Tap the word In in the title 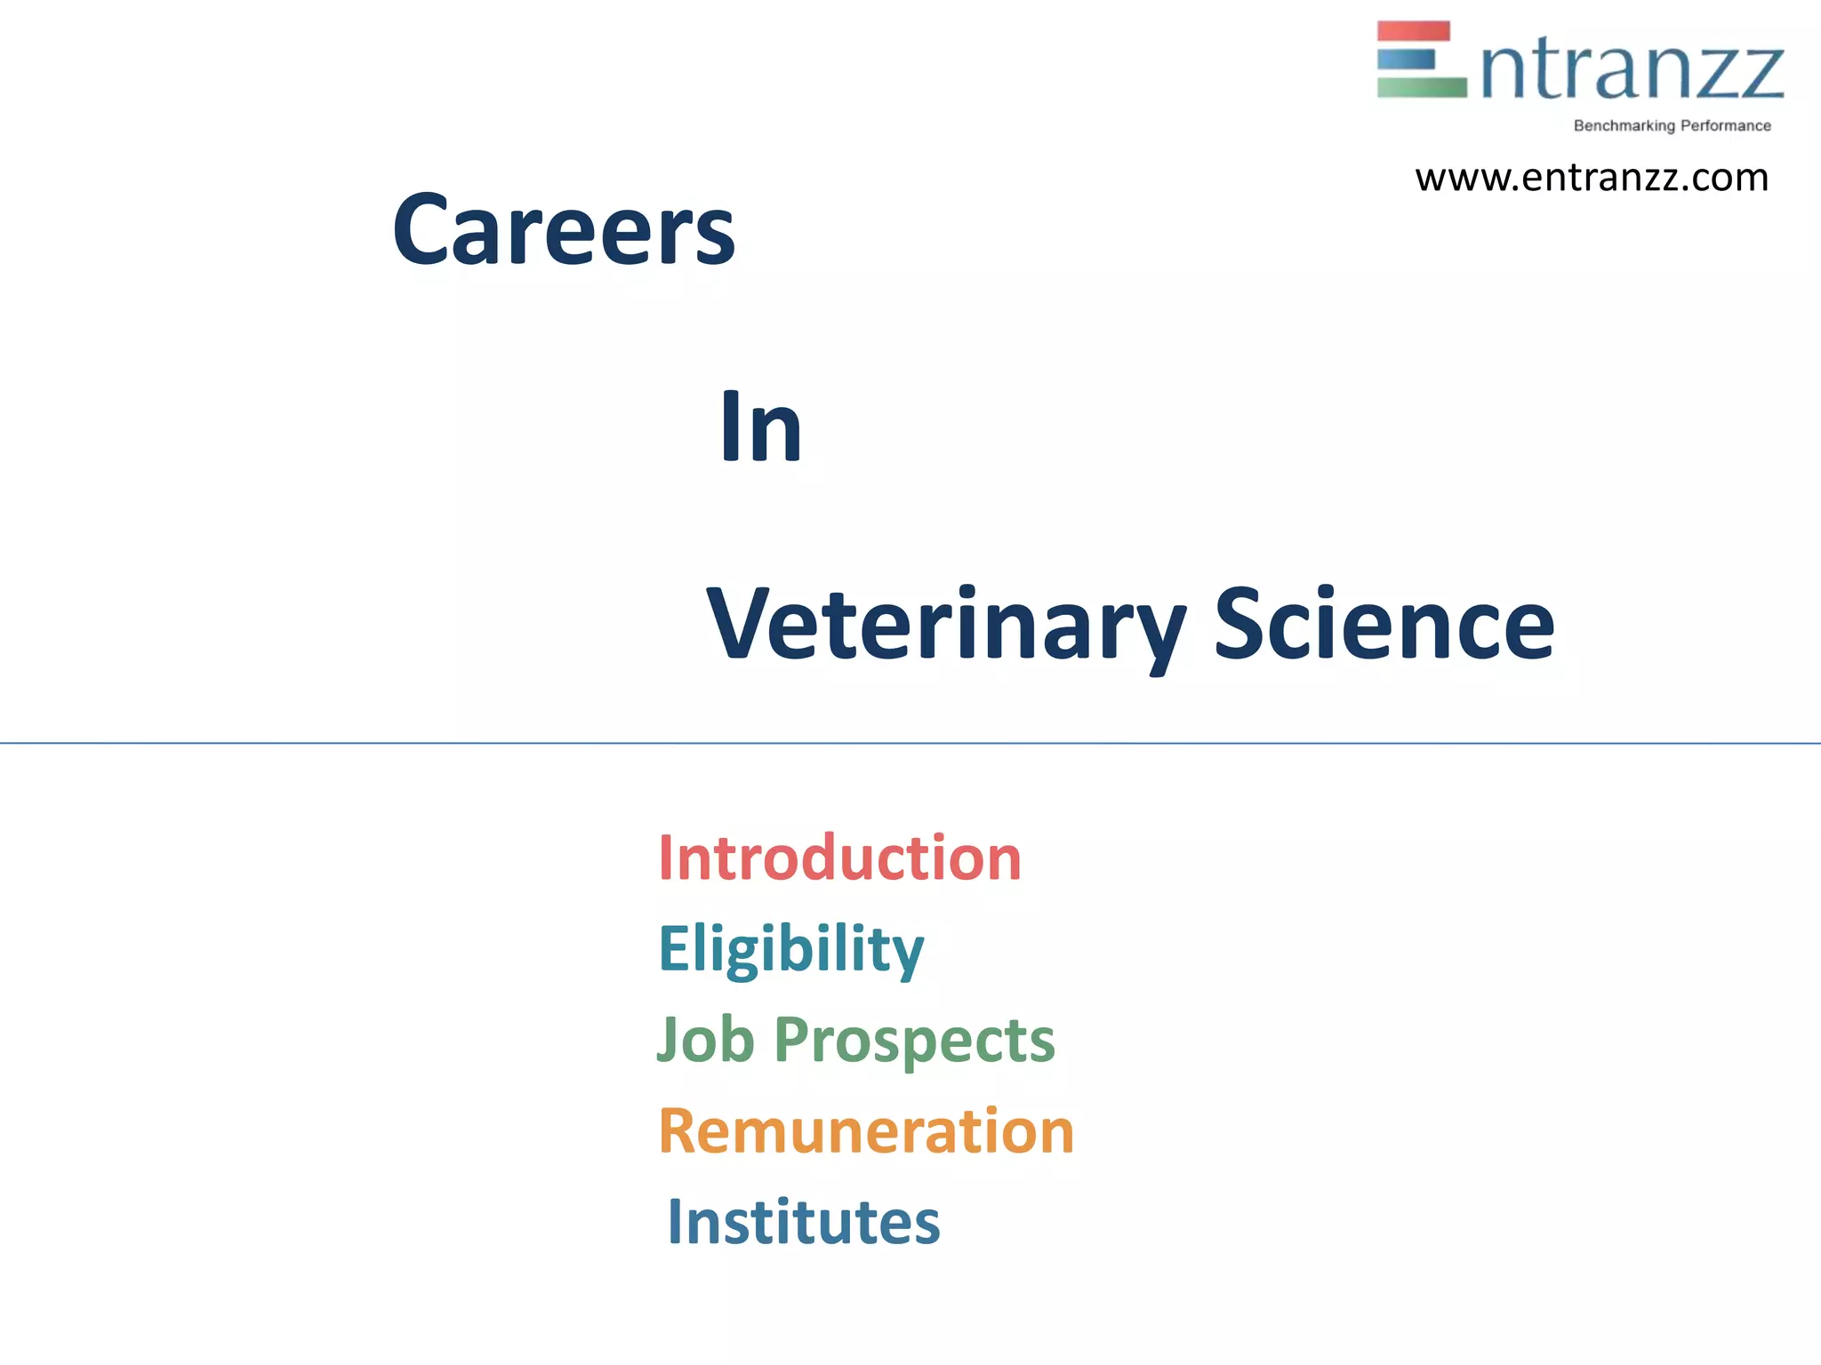761,427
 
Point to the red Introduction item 839,858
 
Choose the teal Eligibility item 790,949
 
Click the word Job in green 706,1040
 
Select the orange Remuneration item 866,1131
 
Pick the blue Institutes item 803,1222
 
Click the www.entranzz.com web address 1592,178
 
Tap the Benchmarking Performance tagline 1672,126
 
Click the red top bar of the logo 1414,31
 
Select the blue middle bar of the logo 1406,60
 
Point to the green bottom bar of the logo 1421,87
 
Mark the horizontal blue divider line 910,743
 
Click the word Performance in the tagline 1725,126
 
